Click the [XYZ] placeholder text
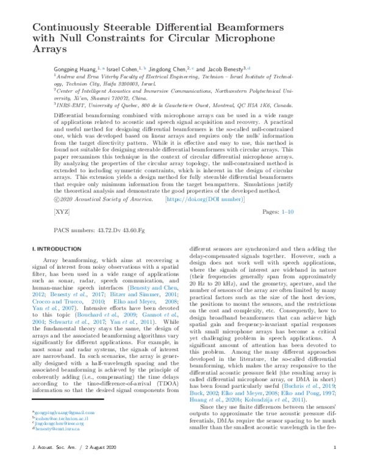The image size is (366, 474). [62, 212]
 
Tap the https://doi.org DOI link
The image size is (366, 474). [201, 200]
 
